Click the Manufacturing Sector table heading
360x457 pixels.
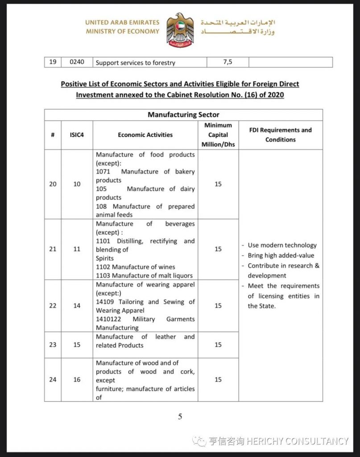(183, 115)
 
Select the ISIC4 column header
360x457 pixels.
(77, 135)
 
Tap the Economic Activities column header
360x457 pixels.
(145, 135)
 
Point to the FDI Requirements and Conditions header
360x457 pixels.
(281, 135)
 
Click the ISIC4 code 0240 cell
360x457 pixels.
(77, 62)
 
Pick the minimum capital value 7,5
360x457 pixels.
(228, 62)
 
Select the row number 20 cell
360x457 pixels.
(53, 184)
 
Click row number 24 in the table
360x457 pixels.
(53, 379)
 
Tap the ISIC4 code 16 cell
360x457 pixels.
(77, 379)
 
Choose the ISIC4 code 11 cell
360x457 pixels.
(77, 249)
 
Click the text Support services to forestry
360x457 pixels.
(135, 63)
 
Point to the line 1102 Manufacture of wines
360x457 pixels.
(136, 267)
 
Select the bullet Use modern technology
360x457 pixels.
(282, 245)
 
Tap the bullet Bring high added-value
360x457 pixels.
(281, 255)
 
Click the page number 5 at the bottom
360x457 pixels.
(180, 417)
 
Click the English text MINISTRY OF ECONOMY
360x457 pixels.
(122, 31)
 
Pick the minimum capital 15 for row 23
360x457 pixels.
(218, 345)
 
